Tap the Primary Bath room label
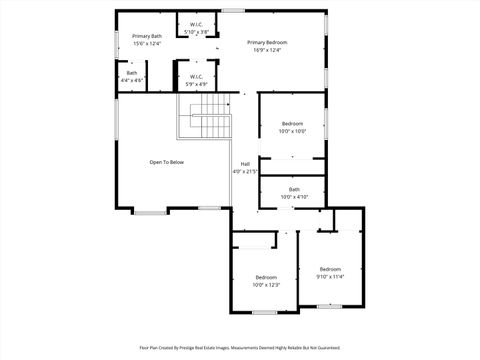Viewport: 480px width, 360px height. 147,37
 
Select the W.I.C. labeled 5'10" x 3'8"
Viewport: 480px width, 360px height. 196,24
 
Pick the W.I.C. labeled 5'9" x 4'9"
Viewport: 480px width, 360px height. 196,76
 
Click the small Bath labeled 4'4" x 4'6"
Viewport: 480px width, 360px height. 132,73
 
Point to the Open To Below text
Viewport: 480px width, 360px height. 167,162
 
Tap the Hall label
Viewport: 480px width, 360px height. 245,164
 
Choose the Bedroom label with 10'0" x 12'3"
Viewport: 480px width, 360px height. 266,277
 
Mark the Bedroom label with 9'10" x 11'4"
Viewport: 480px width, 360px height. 330,269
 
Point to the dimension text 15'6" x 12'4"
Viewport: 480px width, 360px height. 147,44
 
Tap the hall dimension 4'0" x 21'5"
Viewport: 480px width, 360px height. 245,171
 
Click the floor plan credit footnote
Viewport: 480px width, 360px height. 240,348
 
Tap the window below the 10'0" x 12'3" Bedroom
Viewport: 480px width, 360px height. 264,312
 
